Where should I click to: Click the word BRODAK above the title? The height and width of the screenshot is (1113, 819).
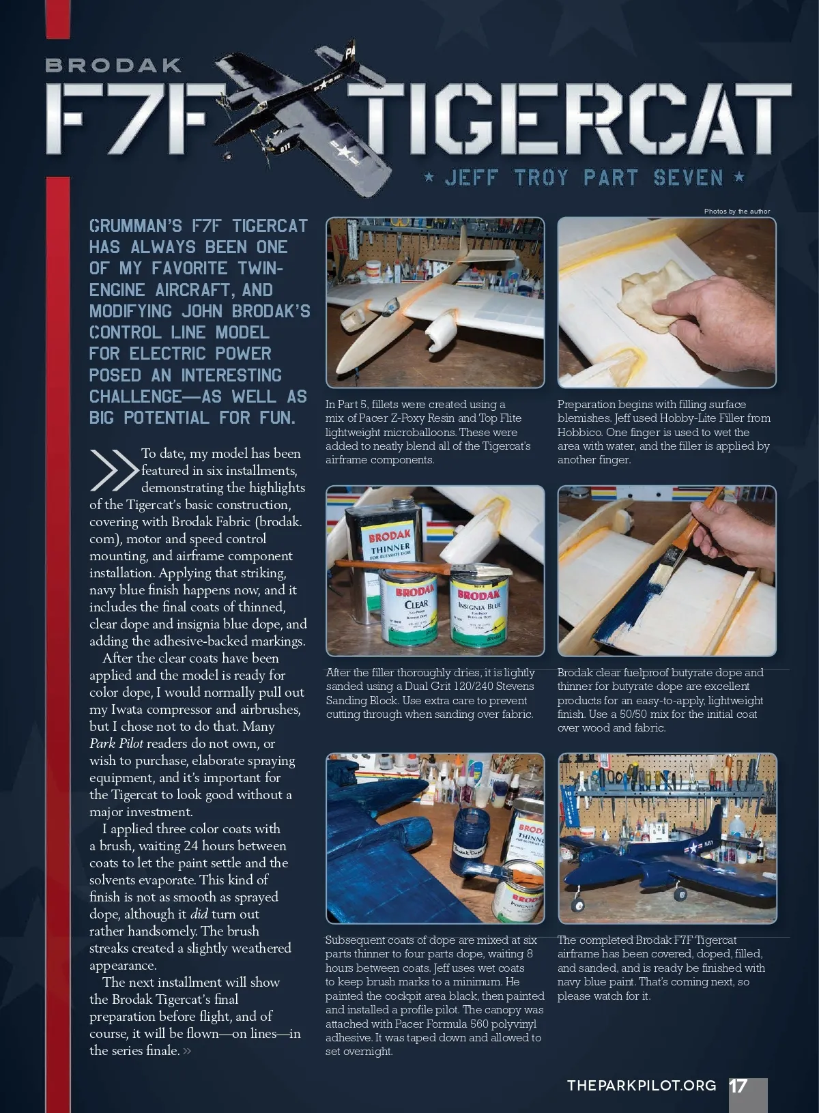pyautogui.click(x=113, y=65)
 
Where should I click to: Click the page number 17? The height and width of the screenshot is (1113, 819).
pyautogui.click(x=738, y=1086)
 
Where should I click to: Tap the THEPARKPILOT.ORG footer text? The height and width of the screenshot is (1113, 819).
pyautogui.click(x=642, y=1086)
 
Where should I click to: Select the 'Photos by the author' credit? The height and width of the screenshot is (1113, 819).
pyautogui.click(x=737, y=211)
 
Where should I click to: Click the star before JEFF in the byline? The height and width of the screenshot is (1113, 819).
pyautogui.click(x=429, y=176)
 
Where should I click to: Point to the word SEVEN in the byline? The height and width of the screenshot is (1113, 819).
pyautogui.click(x=688, y=177)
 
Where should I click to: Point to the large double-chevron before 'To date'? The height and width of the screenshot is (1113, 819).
pyautogui.click(x=114, y=469)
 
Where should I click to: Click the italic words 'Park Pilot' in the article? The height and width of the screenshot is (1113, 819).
pyautogui.click(x=116, y=743)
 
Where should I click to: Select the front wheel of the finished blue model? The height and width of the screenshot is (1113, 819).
pyautogui.click(x=577, y=906)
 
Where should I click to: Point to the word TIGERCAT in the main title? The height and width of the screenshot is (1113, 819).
pyautogui.click(x=569, y=118)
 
